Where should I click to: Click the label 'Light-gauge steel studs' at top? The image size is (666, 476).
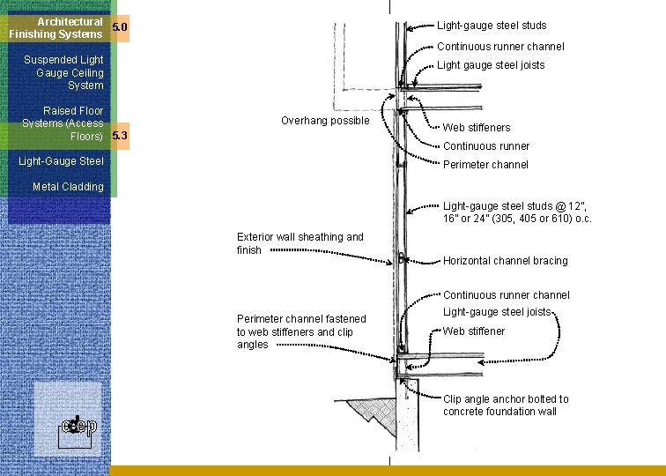pos(492,26)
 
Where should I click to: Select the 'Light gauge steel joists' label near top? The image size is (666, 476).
pos(491,65)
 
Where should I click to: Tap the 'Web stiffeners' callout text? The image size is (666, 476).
pos(476,128)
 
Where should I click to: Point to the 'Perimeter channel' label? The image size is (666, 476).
pos(485,165)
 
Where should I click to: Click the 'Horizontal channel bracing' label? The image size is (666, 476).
pos(505,261)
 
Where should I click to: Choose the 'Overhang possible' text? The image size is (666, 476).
pos(325,121)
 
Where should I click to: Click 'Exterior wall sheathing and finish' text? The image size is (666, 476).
pos(300,243)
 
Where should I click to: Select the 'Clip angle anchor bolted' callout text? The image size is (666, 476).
pos(505,405)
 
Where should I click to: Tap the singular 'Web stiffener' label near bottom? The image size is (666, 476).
pos(474,331)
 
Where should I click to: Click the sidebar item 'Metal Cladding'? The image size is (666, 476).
pos(68,187)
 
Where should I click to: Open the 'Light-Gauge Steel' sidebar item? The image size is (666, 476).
pos(61,161)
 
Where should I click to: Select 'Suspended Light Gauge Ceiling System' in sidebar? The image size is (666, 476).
pos(64,72)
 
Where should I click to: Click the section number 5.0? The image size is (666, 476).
pos(120,28)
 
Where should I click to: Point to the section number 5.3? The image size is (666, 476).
pos(120,136)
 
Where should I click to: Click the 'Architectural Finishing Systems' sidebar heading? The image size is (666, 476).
pos(56,27)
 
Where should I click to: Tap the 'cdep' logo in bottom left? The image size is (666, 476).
pos(74,427)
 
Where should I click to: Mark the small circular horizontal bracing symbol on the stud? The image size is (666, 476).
pos(401,259)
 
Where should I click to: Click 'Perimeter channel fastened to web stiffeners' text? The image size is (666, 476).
pos(300,331)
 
